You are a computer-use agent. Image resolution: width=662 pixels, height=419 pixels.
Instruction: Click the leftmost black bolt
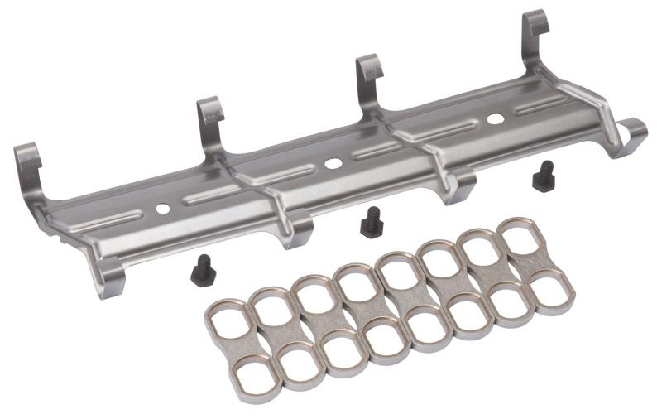coord(201,270)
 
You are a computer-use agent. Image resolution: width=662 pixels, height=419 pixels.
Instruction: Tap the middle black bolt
coord(372,222)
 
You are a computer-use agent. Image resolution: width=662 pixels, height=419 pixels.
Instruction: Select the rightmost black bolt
coord(543,176)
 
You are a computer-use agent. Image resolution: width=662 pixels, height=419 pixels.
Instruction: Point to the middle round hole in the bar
coord(333,163)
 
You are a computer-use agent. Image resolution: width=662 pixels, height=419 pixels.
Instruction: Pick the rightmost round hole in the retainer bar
coord(495,118)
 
